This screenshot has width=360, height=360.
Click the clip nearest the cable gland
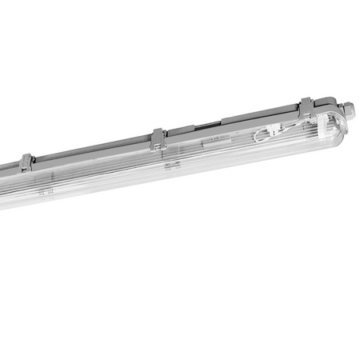pos(306,106)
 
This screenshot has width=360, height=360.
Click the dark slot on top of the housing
pos(209,126)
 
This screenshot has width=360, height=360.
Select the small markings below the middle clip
pos(170,166)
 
